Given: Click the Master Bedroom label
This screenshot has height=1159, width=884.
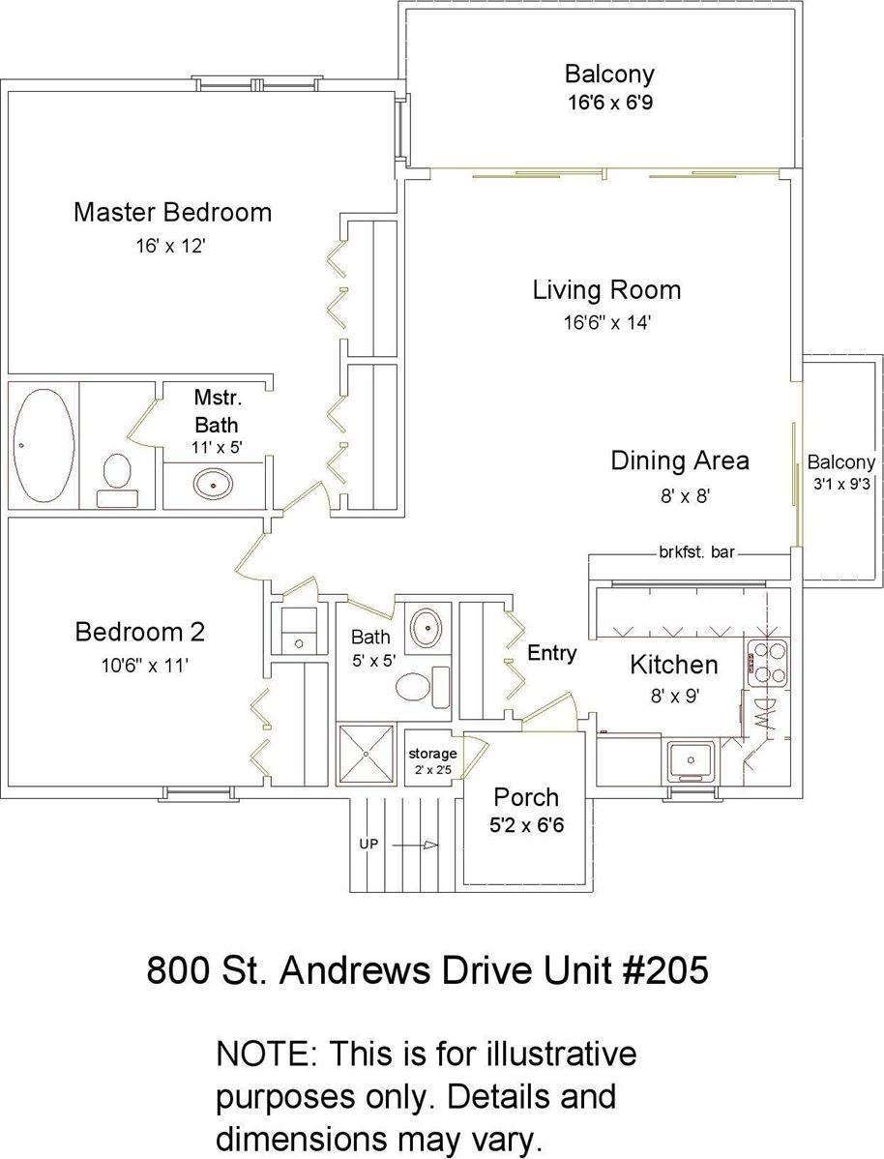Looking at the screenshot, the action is point(172,212).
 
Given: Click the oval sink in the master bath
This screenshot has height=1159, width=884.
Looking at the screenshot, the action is point(213,485).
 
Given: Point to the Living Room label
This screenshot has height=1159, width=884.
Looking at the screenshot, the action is point(606,289).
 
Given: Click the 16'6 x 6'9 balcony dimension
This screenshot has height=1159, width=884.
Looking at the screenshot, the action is point(609,102).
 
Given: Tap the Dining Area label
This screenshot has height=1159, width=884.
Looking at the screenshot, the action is point(679,461).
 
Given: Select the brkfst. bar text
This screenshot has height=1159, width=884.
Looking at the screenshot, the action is point(697,552).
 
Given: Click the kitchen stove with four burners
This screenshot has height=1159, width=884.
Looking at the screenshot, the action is point(769,663).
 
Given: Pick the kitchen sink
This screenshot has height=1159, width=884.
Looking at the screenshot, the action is point(691,760).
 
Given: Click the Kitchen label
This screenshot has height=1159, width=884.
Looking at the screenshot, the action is point(673,665).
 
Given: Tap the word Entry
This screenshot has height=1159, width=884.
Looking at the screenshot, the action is point(551,653).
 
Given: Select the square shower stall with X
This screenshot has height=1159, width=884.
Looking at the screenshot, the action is point(367,753).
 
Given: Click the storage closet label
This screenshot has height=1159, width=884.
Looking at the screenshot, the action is point(432,754).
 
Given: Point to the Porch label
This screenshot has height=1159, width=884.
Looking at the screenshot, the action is point(526,797).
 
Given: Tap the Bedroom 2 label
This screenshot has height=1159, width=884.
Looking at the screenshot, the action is point(139,632).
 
